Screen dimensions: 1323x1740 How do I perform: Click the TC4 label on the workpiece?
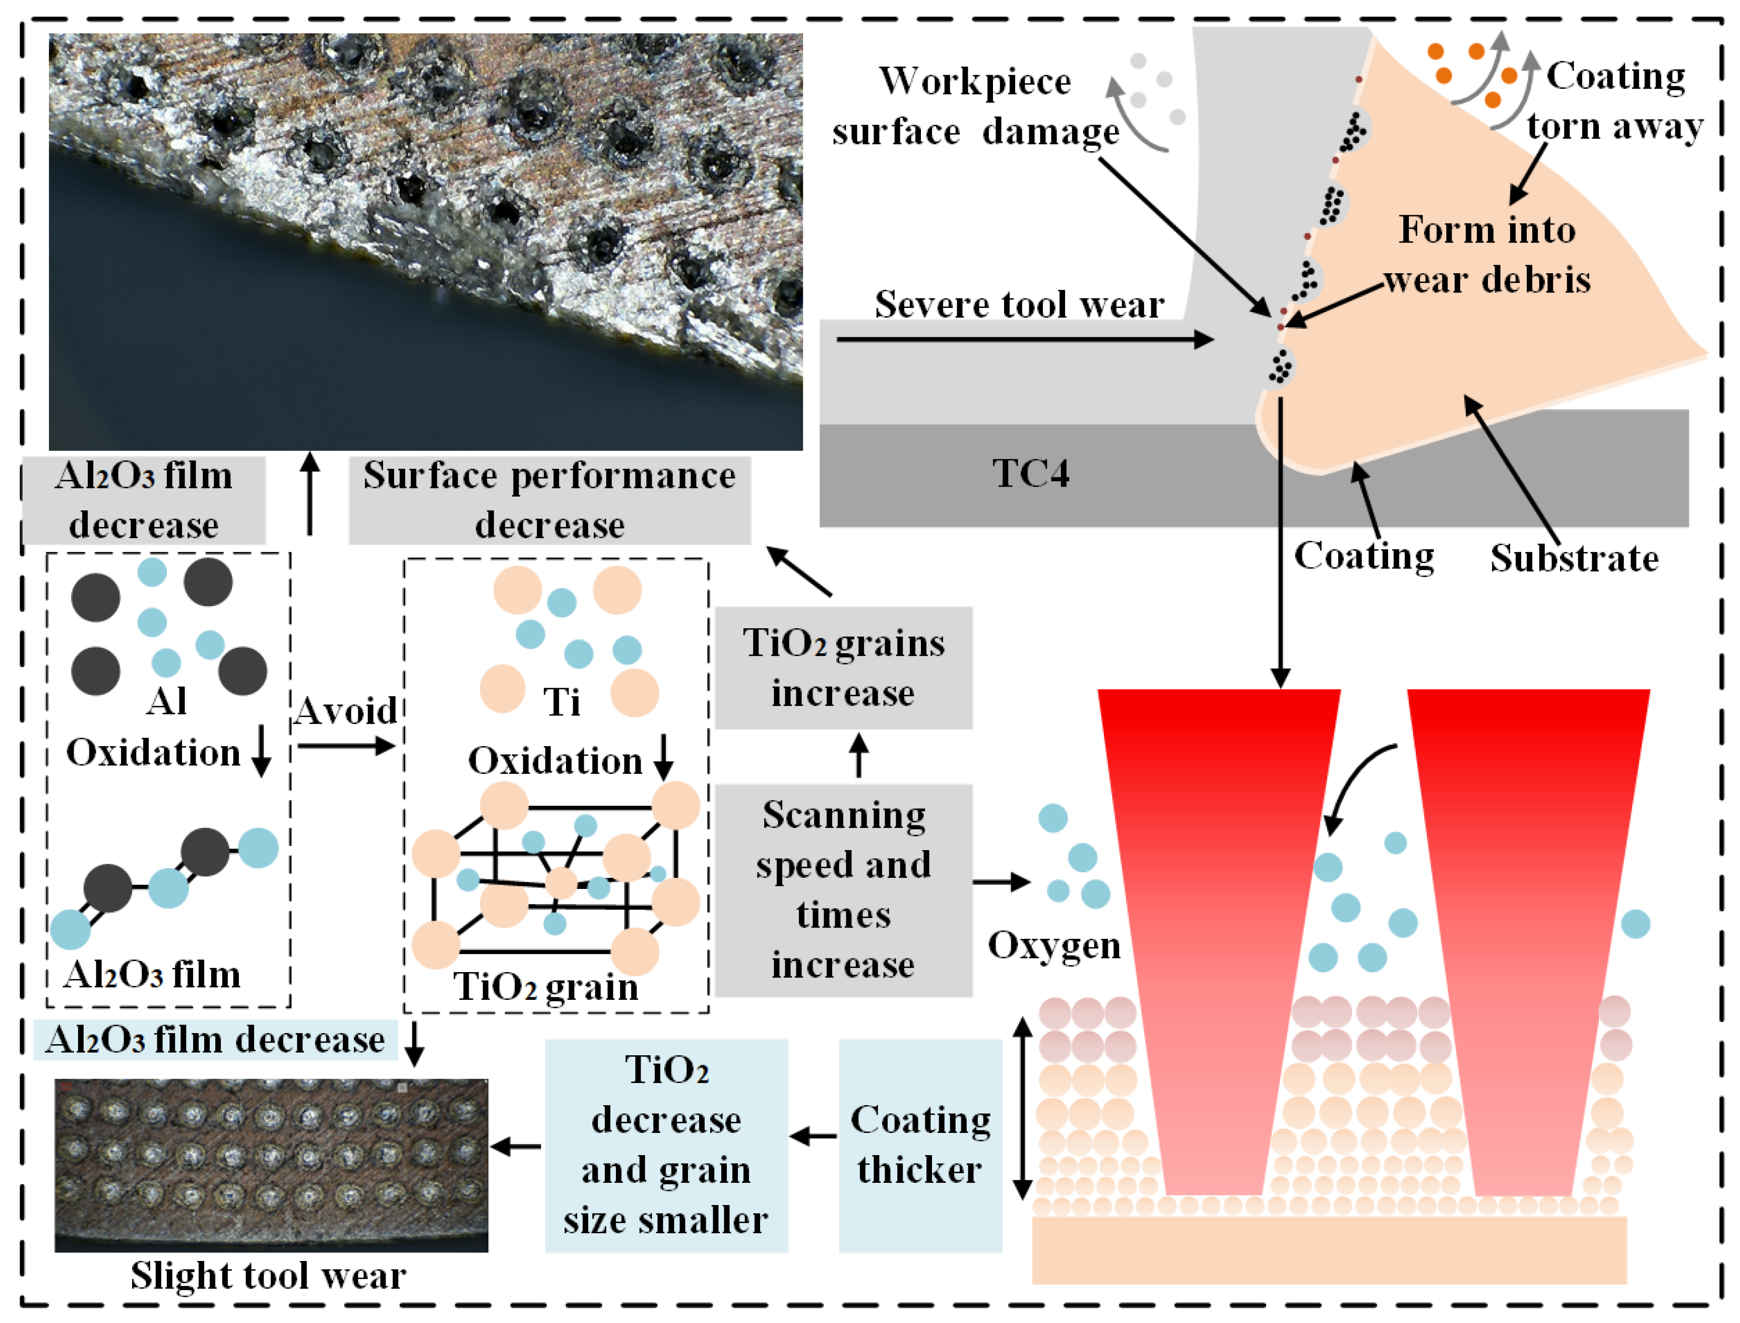coord(1030,473)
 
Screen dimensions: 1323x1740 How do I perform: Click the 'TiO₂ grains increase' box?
coord(843,668)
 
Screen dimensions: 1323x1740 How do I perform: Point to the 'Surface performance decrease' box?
coord(549,500)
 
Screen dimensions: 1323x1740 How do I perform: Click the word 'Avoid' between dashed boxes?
coord(346,711)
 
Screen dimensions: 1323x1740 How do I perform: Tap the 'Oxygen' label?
coord(1053,945)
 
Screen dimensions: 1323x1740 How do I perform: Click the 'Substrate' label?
coord(1574,558)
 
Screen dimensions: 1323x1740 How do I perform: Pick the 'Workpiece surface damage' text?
coord(975,106)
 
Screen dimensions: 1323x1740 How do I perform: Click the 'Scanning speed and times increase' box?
coord(843,890)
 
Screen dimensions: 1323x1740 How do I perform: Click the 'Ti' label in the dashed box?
coord(562,702)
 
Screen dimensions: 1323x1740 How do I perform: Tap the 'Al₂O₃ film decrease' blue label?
coord(215,1040)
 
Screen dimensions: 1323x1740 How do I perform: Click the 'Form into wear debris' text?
coord(1486,254)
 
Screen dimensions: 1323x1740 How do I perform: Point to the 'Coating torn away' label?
coord(1614,101)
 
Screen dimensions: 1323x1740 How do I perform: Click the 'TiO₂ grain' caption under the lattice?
coord(545,987)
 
